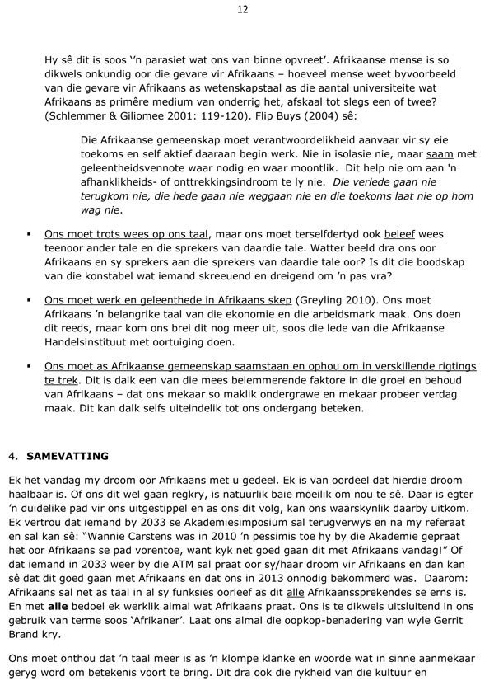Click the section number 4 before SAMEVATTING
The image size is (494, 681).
pos(13,454)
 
